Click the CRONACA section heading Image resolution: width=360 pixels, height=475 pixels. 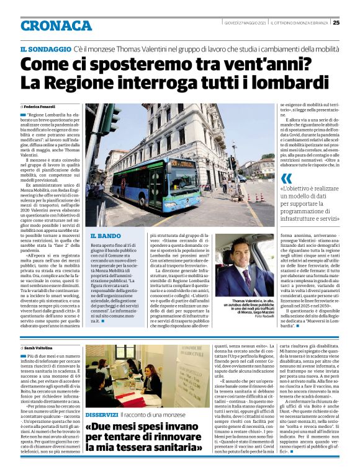tap(56, 25)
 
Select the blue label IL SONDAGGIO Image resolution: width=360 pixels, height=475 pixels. tap(45, 48)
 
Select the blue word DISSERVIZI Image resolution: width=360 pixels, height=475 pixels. tap(102, 414)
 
